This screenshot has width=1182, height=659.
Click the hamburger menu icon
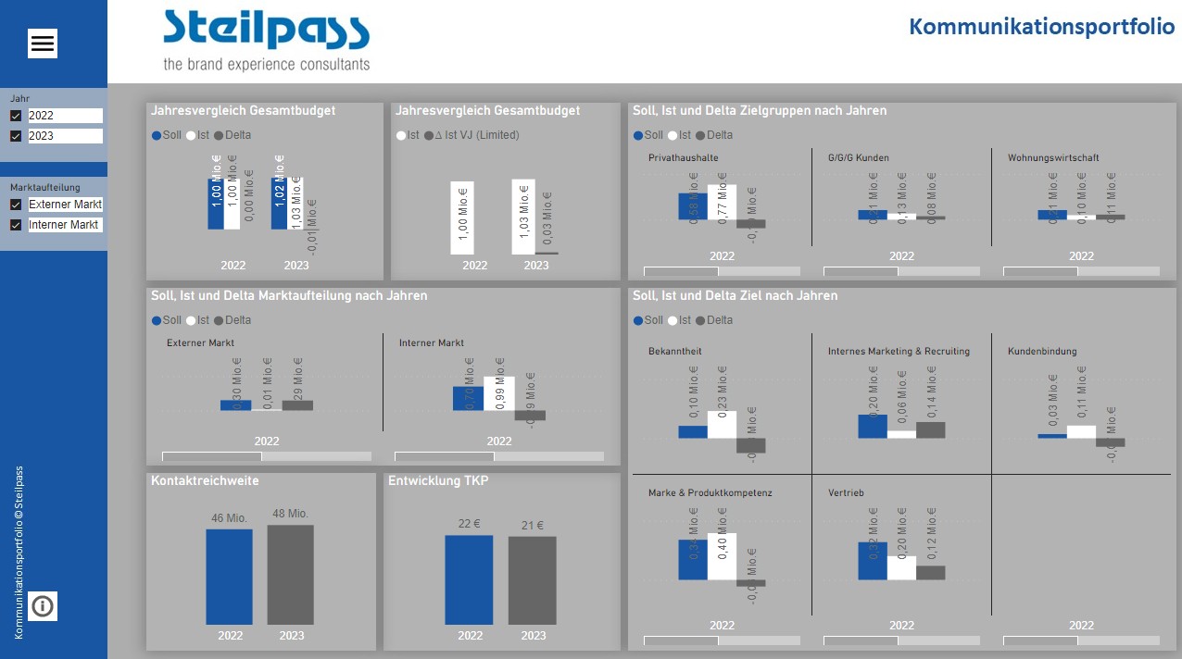pos(43,44)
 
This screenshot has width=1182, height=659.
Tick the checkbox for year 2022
pos(16,116)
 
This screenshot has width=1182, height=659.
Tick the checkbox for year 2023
pos(16,136)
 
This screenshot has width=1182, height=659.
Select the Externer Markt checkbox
pos(16,205)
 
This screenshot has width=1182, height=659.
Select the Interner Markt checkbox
pos(16,225)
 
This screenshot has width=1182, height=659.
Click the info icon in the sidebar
pos(43,606)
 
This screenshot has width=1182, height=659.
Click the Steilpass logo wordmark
pos(266,31)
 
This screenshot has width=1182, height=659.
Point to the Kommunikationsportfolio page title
pos(1041,26)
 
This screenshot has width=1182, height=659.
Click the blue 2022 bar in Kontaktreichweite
pos(229,577)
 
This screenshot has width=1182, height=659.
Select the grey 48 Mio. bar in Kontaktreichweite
pos(290,575)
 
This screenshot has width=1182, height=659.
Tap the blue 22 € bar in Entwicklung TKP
pos(469,580)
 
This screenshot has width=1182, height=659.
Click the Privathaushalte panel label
pos(683,157)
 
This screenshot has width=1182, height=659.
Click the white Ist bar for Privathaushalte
pos(722,202)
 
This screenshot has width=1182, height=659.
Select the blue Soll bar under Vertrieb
pos(872,561)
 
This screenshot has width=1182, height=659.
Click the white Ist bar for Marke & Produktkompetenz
pos(722,556)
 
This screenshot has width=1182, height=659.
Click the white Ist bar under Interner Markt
pos(499,393)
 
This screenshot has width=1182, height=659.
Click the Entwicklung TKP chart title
pos(438,481)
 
